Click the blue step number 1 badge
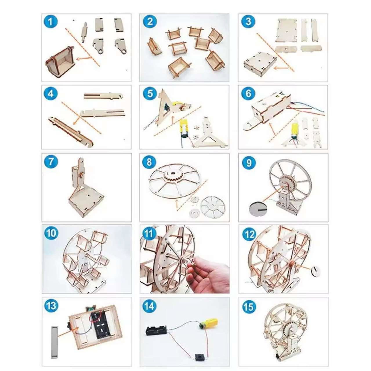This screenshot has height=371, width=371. click(x=50, y=21)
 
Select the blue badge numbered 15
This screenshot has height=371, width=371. click(x=249, y=307)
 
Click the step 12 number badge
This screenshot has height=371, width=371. click(x=249, y=234)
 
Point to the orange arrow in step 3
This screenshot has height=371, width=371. click(x=281, y=68)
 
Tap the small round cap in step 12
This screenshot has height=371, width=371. click(x=316, y=270)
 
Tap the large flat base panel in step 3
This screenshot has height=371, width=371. click(x=287, y=30)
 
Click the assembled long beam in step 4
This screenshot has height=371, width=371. click(x=71, y=131)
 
